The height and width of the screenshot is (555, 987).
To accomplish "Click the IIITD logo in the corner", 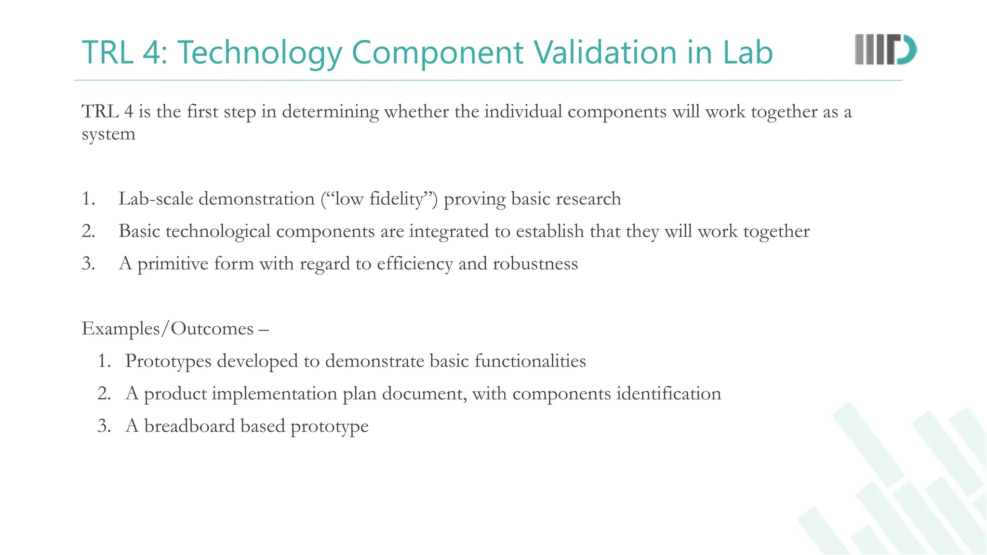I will pyautogui.click(x=885, y=50).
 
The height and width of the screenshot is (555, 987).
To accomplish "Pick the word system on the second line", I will pyautogui.click(x=108, y=134).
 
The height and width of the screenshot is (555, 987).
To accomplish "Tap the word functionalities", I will pyautogui.click(x=530, y=361).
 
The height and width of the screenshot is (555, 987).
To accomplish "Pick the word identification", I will pyautogui.click(x=668, y=394).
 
